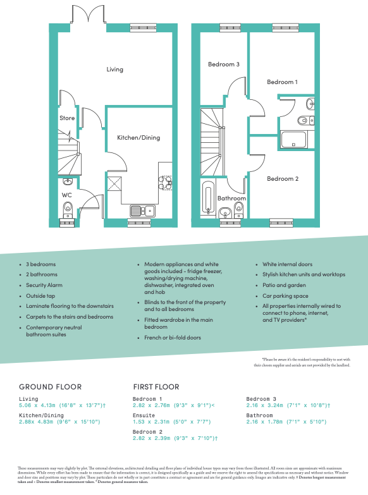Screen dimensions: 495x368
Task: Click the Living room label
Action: click(x=114, y=70)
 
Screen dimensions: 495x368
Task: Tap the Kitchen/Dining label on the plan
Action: click(x=138, y=137)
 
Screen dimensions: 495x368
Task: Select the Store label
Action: click(x=67, y=118)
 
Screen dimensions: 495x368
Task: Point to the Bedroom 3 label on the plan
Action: click(x=224, y=64)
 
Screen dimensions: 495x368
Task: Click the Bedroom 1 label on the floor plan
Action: click(x=281, y=82)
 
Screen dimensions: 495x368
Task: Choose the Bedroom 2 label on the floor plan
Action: click(x=282, y=179)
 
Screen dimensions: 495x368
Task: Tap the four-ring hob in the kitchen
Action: click(x=165, y=183)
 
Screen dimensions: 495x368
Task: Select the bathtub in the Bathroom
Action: click(x=207, y=197)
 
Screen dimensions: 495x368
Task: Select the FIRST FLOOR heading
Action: click(x=156, y=386)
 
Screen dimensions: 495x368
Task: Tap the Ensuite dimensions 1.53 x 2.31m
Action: click(x=174, y=421)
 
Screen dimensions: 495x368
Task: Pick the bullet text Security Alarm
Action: click(x=44, y=285)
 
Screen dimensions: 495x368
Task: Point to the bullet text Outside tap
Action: click(x=40, y=295)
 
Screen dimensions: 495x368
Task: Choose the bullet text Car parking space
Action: click(x=285, y=295)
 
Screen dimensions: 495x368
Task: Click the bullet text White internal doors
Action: click(x=288, y=264)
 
